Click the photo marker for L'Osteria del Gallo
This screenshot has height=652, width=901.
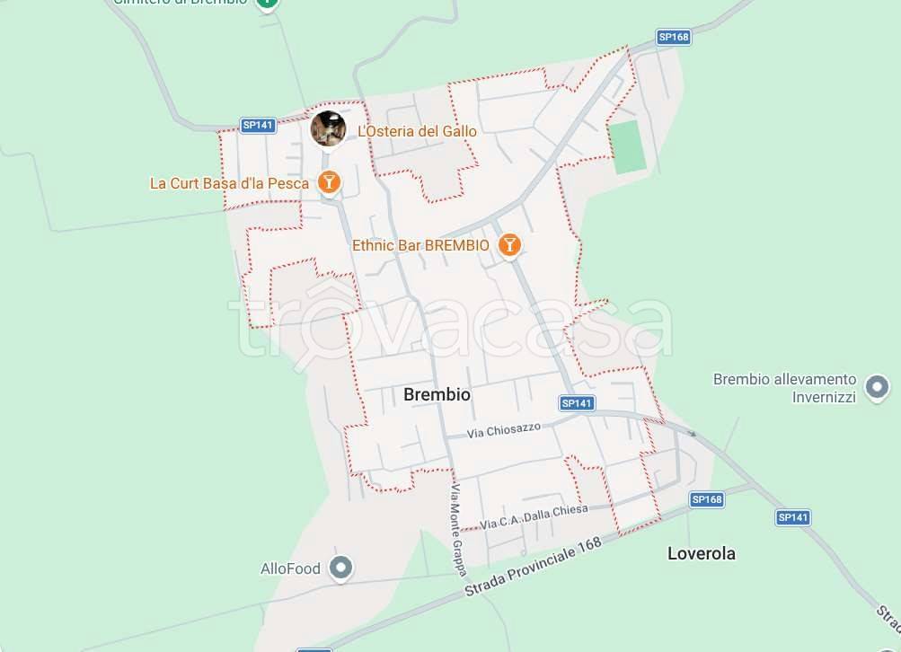pos(328,128)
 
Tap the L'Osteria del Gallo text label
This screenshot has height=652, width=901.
pos(417,131)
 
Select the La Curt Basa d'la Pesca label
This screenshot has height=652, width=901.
pos(229,183)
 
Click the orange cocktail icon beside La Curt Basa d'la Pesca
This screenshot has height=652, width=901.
pos(330,182)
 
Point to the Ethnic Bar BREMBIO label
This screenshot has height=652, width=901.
pos(420,245)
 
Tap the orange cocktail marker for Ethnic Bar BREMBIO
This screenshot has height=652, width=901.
pos(509,244)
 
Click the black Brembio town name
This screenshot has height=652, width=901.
pos(437,394)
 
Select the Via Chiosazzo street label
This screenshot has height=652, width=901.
pos(504,431)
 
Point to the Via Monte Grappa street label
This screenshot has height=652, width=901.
pos(460,530)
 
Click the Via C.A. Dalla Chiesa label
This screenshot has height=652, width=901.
pos(534,516)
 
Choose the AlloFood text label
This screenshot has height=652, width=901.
pos(290,568)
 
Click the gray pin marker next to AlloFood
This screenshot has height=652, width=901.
pos(340,568)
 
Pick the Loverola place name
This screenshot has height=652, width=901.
pos(701,553)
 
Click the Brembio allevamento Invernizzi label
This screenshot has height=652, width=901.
pos(784,388)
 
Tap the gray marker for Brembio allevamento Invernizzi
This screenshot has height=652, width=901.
pos(876,388)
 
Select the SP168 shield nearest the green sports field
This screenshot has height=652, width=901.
pos(673,37)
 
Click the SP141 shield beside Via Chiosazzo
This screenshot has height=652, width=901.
pos(577,403)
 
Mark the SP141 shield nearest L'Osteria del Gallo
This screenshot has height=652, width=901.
pos(258,125)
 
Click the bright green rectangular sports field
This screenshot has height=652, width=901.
pos(627,147)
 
